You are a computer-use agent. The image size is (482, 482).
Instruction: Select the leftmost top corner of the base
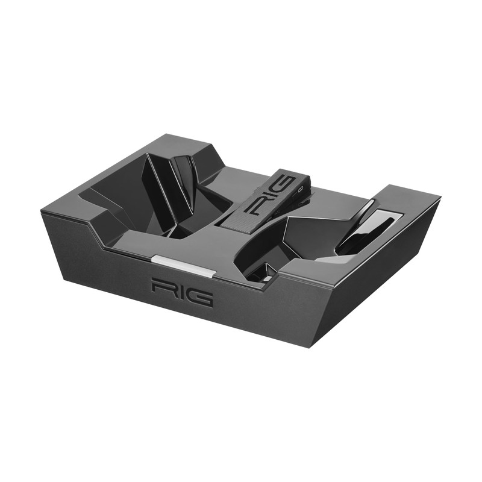42,211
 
